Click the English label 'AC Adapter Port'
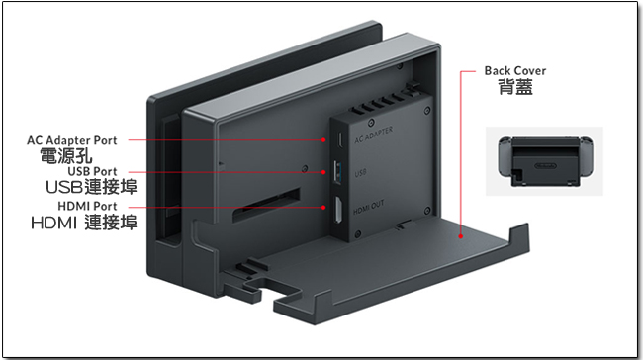click(72, 140)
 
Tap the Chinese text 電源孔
click(66, 156)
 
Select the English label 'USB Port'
click(92, 171)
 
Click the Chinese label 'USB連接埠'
click(91, 187)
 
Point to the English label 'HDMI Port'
click(87, 206)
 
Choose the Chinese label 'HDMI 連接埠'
click(84, 223)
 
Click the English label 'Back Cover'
click(515, 71)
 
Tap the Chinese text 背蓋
click(515, 87)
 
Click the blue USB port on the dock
click(338, 173)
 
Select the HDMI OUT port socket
click(338, 210)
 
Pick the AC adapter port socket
click(339, 140)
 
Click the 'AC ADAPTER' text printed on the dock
click(374, 135)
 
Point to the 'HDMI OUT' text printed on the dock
click(369, 208)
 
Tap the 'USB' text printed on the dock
click(360, 173)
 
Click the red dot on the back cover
click(461, 236)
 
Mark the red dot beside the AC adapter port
click(323, 140)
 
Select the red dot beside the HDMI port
click(323, 208)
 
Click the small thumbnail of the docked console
click(545, 161)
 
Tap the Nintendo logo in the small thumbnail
click(545, 165)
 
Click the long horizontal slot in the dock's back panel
click(266, 205)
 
